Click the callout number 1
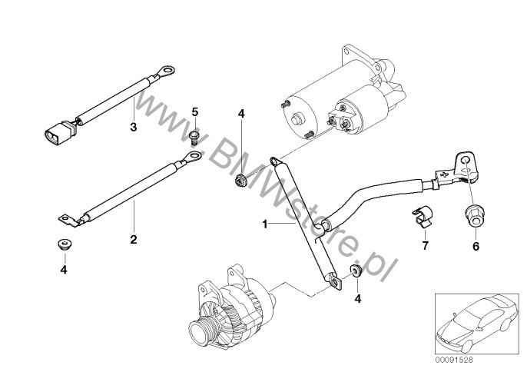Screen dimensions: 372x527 (263, 225)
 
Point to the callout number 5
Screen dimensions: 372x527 (195, 112)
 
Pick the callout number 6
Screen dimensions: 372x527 (475, 247)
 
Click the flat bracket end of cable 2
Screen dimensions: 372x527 (67, 219)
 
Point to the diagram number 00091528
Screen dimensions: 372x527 (454, 360)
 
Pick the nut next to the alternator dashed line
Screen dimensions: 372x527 (355, 271)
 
